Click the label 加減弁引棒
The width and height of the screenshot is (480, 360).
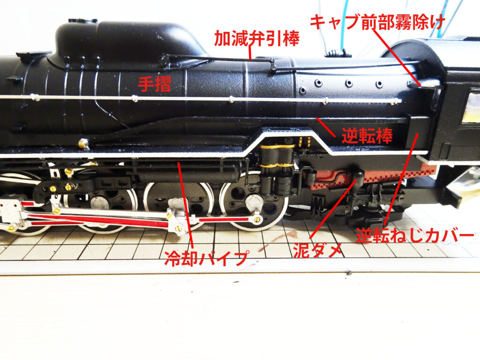256,38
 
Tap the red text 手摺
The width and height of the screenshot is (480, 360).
155,84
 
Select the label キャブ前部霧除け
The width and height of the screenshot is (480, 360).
377,22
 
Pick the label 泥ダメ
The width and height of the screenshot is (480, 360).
317,251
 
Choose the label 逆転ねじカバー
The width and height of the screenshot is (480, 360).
415,236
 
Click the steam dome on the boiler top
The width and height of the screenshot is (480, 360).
128,40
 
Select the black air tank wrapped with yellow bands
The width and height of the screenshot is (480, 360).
277,168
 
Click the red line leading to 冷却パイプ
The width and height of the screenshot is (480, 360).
185,205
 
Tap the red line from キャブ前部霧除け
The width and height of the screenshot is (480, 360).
397,57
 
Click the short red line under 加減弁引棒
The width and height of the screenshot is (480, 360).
250,53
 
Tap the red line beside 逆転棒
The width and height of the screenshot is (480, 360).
326,127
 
